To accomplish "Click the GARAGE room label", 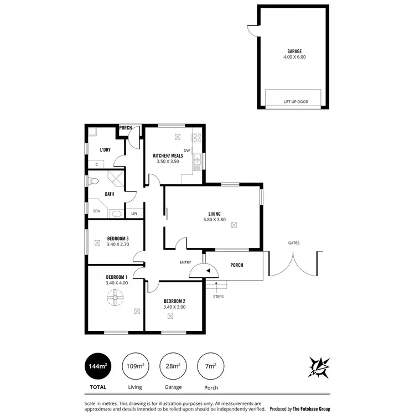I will tap(294, 51).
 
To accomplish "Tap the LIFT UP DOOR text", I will tap(295, 102).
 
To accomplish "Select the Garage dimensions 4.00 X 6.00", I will tap(294, 57).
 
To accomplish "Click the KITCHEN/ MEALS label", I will tap(168, 155).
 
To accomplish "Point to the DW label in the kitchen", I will tap(187, 151).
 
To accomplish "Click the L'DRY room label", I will tap(105, 150).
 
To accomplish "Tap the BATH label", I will tap(110, 194).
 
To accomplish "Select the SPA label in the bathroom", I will tap(96, 211).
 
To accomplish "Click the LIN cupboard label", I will tap(133, 213).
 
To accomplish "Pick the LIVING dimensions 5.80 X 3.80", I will tap(214, 220).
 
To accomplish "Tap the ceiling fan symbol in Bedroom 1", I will tap(116, 299).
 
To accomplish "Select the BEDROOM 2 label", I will tap(174, 301).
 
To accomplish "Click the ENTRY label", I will tap(185, 263).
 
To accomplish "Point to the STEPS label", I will tap(218, 296).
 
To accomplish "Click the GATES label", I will tap(294, 243).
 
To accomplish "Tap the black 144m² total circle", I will tap(97, 365).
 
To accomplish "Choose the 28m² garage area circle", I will tap(173, 365).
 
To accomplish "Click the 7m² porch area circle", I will tap(210, 365).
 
